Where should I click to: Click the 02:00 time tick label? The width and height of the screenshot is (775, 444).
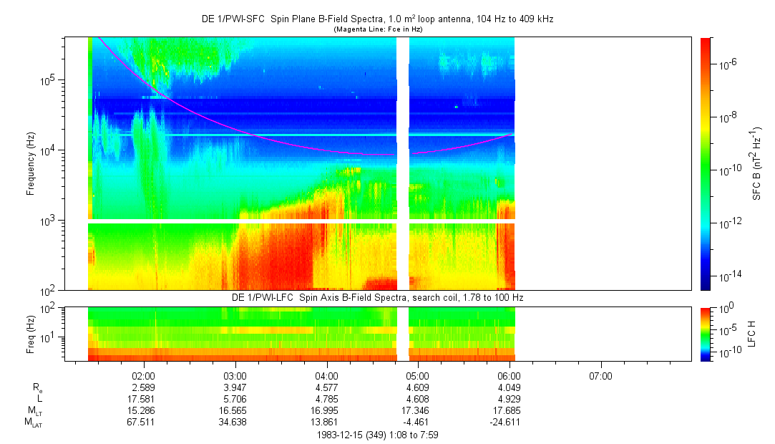click(x=144, y=375)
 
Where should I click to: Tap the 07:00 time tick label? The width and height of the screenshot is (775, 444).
click(x=600, y=375)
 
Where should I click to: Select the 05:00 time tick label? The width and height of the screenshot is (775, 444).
click(x=417, y=375)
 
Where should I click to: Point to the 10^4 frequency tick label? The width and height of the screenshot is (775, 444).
click(x=48, y=150)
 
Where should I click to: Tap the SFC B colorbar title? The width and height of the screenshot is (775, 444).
click(x=757, y=163)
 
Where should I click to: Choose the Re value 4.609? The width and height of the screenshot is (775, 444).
click(x=417, y=387)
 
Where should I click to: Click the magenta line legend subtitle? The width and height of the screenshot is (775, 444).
click(x=377, y=29)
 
